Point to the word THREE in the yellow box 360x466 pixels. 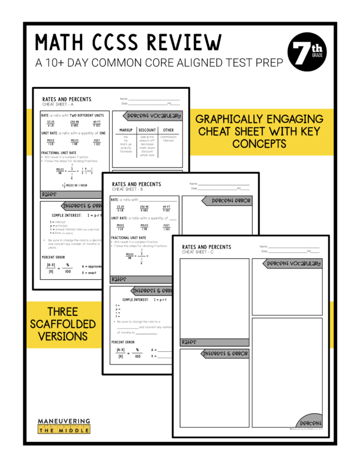point(62,312)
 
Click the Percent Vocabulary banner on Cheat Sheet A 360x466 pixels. point(153,115)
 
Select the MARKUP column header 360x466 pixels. point(126,130)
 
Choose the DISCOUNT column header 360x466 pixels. point(147,130)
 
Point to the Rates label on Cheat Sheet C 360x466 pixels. point(189,342)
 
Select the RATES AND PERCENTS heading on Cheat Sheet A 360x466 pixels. point(67,99)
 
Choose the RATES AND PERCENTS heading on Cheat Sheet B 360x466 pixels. point(136,184)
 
